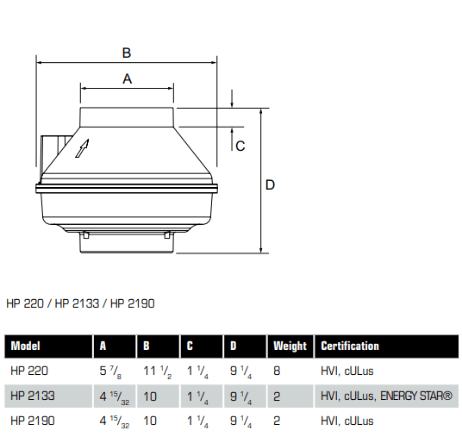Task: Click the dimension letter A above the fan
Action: (x=127, y=78)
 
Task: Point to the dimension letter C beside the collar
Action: (x=240, y=146)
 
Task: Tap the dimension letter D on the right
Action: (x=270, y=184)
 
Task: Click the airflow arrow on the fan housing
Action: (x=83, y=149)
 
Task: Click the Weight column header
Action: (x=290, y=346)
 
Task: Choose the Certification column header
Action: (x=350, y=346)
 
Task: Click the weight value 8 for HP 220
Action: (x=277, y=371)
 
